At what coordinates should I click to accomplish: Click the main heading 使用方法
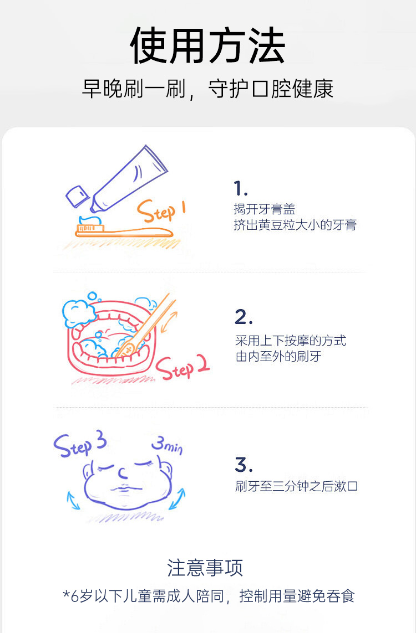click(207, 45)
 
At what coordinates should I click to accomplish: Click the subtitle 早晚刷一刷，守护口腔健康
click(207, 89)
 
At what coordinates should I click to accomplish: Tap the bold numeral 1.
click(240, 188)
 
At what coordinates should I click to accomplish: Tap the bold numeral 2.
click(243, 317)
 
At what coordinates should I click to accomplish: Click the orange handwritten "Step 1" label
click(161, 211)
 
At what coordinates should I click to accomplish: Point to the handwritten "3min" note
click(167, 445)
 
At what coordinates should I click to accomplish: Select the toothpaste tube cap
click(77, 196)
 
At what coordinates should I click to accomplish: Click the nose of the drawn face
click(122, 472)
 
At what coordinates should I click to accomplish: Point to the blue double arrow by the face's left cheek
click(73, 501)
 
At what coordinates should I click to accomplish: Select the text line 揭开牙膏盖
click(265, 209)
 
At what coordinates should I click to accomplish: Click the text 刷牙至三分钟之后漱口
click(296, 486)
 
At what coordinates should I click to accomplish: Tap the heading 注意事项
click(205, 568)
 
